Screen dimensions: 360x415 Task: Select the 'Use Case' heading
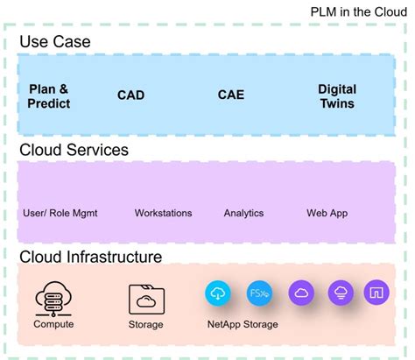pos(55,42)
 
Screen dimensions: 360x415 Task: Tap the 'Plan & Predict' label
pos(49,96)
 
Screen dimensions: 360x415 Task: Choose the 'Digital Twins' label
pos(336,96)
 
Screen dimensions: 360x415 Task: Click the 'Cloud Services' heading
pos(74,150)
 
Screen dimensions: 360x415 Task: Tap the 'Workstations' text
pos(163,213)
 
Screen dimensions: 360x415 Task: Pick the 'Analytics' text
pos(243,213)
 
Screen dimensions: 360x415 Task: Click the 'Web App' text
pos(327,213)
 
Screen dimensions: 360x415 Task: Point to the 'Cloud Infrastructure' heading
pos(91,258)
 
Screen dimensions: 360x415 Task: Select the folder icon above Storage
pos(146,298)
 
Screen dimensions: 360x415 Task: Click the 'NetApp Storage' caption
pos(243,325)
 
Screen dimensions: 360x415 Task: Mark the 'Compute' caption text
pos(53,325)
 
